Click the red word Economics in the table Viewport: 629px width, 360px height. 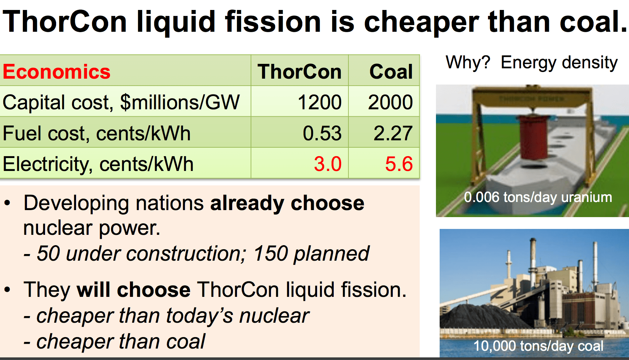(56, 72)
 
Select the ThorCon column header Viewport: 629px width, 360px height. (299, 72)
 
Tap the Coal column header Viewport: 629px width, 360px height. (391, 72)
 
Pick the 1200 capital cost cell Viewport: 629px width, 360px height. (319, 102)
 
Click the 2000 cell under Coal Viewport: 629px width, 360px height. (390, 102)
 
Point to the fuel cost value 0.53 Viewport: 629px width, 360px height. (322, 133)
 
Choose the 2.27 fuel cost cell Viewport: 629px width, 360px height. (393, 133)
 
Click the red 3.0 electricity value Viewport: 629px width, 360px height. (327, 164)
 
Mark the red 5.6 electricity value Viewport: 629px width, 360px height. (399, 164)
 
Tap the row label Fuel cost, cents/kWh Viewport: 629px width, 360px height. (97, 133)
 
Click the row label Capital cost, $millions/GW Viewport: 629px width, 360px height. (121, 102)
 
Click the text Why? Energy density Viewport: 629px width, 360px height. (532, 62)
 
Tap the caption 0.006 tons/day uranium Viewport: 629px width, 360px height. (538, 197)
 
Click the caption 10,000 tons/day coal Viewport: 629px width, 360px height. (538, 346)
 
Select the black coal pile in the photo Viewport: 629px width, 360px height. (480, 316)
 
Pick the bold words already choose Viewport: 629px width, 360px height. (287, 203)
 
